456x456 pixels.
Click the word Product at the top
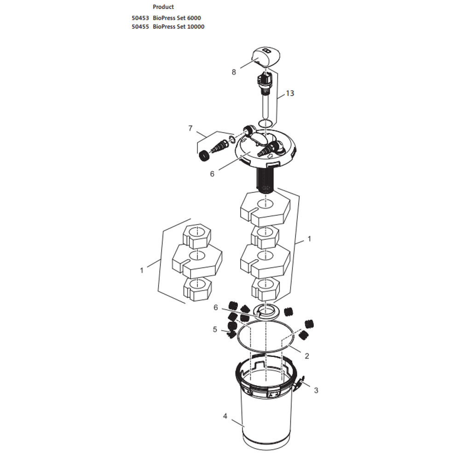pyautogui.click(x=163, y=7)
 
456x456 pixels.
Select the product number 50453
pyautogui.click(x=140, y=18)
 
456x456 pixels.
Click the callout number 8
pyautogui.click(x=234, y=72)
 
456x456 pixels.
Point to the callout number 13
pyautogui.click(x=289, y=93)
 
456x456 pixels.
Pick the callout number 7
pyautogui.click(x=190, y=128)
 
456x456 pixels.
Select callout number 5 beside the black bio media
pyautogui.click(x=214, y=329)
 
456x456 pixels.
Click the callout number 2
pyautogui.click(x=307, y=356)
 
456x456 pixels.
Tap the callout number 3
pyautogui.click(x=316, y=391)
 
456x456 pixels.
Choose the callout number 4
pyautogui.click(x=225, y=416)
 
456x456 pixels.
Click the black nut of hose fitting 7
pyautogui.click(x=203, y=155)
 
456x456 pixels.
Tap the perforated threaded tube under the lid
pyautogui.click(x=264, y=180)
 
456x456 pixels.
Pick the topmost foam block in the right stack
pyautogui.click(x=265, y=208)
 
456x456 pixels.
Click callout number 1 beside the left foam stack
pyautogui.click(x=142, y=271)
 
